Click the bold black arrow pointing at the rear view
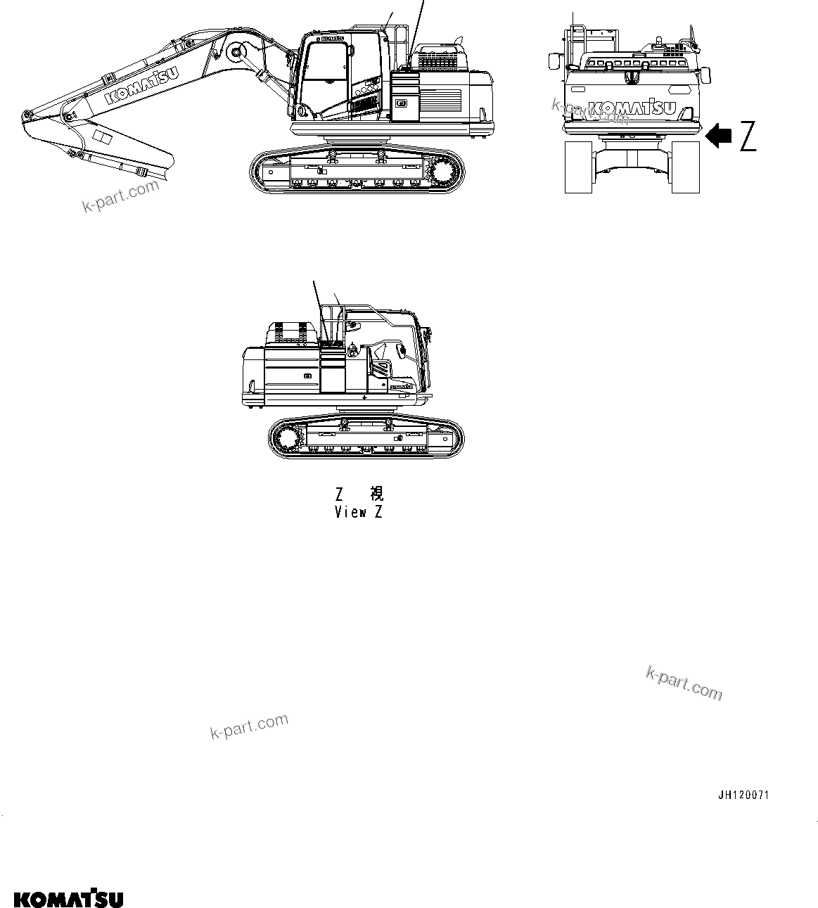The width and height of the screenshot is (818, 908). coord(718,135)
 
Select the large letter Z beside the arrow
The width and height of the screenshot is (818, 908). coord(748,136)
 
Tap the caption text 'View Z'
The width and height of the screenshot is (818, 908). coord(359,512)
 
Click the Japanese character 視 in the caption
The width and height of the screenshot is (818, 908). coord(376,492)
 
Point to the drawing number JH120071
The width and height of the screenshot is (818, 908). coord(743,795)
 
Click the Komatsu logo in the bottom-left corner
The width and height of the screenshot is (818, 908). coord(68,899)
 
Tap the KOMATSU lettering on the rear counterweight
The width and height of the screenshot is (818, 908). coord(632,108)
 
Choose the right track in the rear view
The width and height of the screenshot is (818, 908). coord(686,167)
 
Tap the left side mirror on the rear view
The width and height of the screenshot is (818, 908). coord(554,61)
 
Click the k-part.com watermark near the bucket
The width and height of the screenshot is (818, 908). coord(120,196)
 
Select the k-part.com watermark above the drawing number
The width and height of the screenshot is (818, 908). coord(684,683)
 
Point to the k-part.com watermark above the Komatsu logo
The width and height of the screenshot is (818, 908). coord(249,727)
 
